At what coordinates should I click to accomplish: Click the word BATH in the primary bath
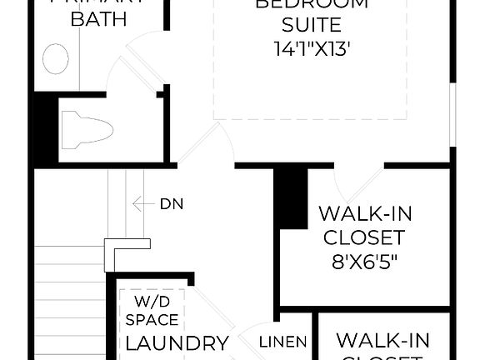[98, 19]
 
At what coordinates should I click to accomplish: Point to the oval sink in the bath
[56, 60]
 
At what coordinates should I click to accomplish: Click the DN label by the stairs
[172, 203]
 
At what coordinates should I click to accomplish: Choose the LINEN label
[283, 342]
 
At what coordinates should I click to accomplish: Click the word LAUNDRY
[177, 342]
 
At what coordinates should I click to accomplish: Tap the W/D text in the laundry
[152, 302]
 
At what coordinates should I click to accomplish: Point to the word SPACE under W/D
[152, 320]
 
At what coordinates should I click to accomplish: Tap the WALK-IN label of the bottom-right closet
[382, 341]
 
